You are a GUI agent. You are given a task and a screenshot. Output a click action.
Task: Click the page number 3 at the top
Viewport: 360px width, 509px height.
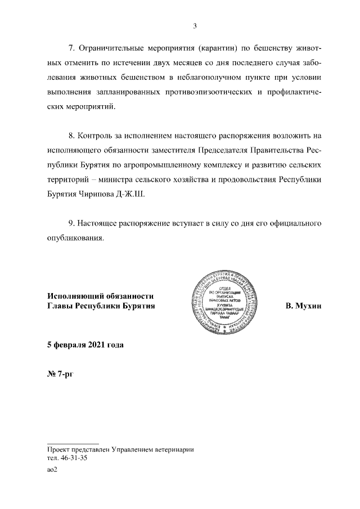pos(194,25)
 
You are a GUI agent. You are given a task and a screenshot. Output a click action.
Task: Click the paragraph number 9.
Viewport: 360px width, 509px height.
pos(71,223)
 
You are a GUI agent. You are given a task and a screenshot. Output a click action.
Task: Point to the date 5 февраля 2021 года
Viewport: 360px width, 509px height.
pos(85,345)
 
